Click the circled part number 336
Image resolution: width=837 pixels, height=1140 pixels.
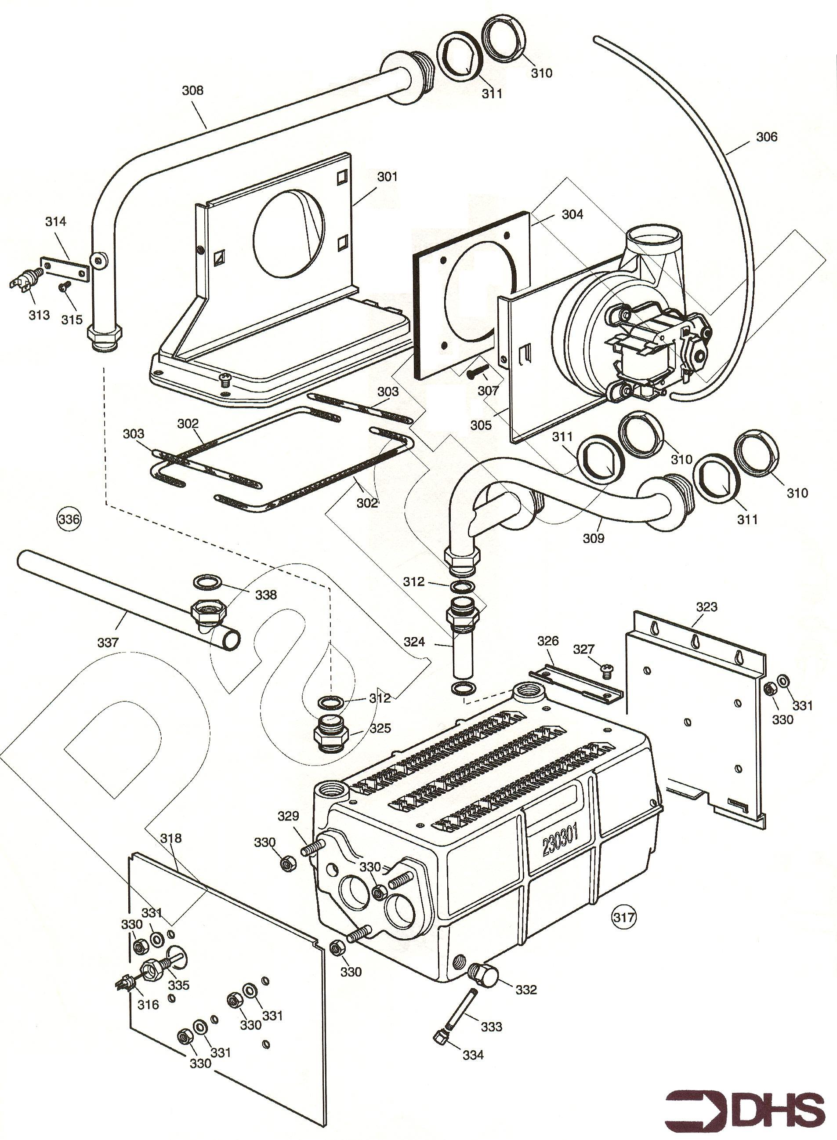click(69, 519)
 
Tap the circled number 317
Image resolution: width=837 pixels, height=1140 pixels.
click(624, 917)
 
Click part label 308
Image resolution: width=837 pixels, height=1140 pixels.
click(192, 90)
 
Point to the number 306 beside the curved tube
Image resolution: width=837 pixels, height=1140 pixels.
click(767, 137)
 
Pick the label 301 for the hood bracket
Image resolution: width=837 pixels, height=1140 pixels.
click(387, 177)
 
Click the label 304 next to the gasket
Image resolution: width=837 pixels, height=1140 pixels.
click(572, 214)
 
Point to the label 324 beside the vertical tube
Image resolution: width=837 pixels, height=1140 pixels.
click(414, 642)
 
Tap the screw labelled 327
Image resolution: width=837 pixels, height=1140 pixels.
click(606, 671)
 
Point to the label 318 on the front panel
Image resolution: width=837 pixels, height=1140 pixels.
click(171, 838)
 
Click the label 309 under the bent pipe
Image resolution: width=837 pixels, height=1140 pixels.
click(593, 538)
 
